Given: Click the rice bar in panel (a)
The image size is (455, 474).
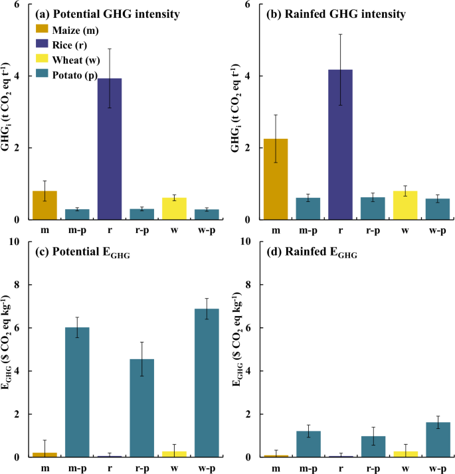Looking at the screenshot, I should click(x=110, y=149).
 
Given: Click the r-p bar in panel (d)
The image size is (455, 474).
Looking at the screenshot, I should click(x=373, y=446).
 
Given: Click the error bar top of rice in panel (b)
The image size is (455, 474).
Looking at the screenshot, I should click(x=341, y=35).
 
